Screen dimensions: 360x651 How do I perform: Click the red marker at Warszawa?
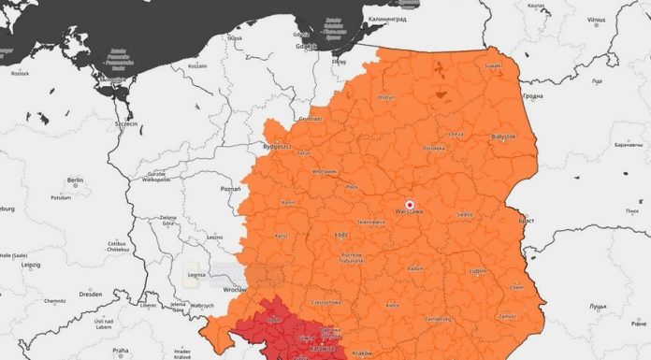(408, 203)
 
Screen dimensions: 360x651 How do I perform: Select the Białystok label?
(503, 137)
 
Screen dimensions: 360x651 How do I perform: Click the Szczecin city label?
(124, 123)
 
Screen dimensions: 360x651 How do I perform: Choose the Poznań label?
(229, 188)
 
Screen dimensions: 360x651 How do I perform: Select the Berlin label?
(75, 180)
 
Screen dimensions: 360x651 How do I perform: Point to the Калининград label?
(387, 19)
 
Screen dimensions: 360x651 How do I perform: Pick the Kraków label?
(362, 353)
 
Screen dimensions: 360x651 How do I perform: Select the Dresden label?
(91, 294)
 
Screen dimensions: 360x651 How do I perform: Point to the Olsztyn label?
(385, 96)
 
